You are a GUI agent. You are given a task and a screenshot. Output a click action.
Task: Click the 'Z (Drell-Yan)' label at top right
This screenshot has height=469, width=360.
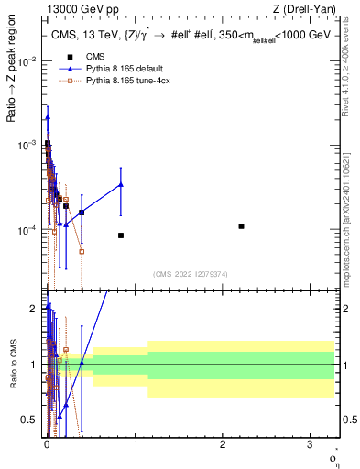pos(309,11)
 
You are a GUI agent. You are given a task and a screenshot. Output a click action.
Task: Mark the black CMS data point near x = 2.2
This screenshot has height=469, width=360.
pos(241,225)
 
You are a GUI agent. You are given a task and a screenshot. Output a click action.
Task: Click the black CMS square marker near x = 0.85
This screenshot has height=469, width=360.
pos(121,235)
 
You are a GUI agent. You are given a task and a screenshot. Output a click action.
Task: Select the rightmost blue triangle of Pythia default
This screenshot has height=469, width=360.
pos(121,184)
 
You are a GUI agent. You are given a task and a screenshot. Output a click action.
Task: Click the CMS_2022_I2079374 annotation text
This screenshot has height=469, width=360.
pos(191,272)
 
